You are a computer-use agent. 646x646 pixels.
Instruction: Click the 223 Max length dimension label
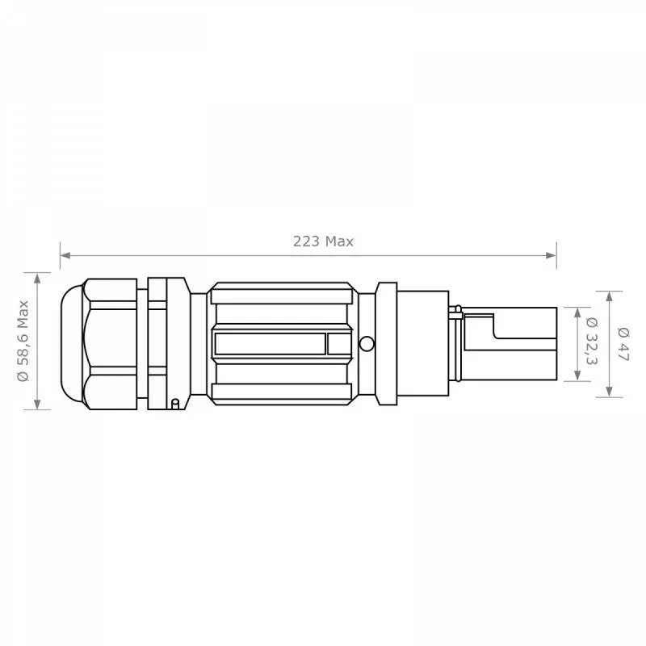pos(323,241)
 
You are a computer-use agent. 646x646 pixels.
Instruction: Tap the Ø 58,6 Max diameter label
pos(23,341)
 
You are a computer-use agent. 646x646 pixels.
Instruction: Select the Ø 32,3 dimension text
pos(592,341)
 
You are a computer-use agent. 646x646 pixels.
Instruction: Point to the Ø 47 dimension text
pos(623,344)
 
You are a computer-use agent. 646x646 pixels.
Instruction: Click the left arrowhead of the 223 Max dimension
pos(65,255)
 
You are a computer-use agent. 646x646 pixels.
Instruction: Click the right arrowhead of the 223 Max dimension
pos(552,255)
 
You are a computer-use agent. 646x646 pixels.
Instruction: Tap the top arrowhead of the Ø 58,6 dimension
pos(37,278)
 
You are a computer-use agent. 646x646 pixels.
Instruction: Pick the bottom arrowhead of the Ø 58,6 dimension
pos(37,405)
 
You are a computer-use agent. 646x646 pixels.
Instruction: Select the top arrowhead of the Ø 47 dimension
pos(610,296)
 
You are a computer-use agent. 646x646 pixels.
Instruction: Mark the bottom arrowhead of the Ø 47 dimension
pos(610,392)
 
